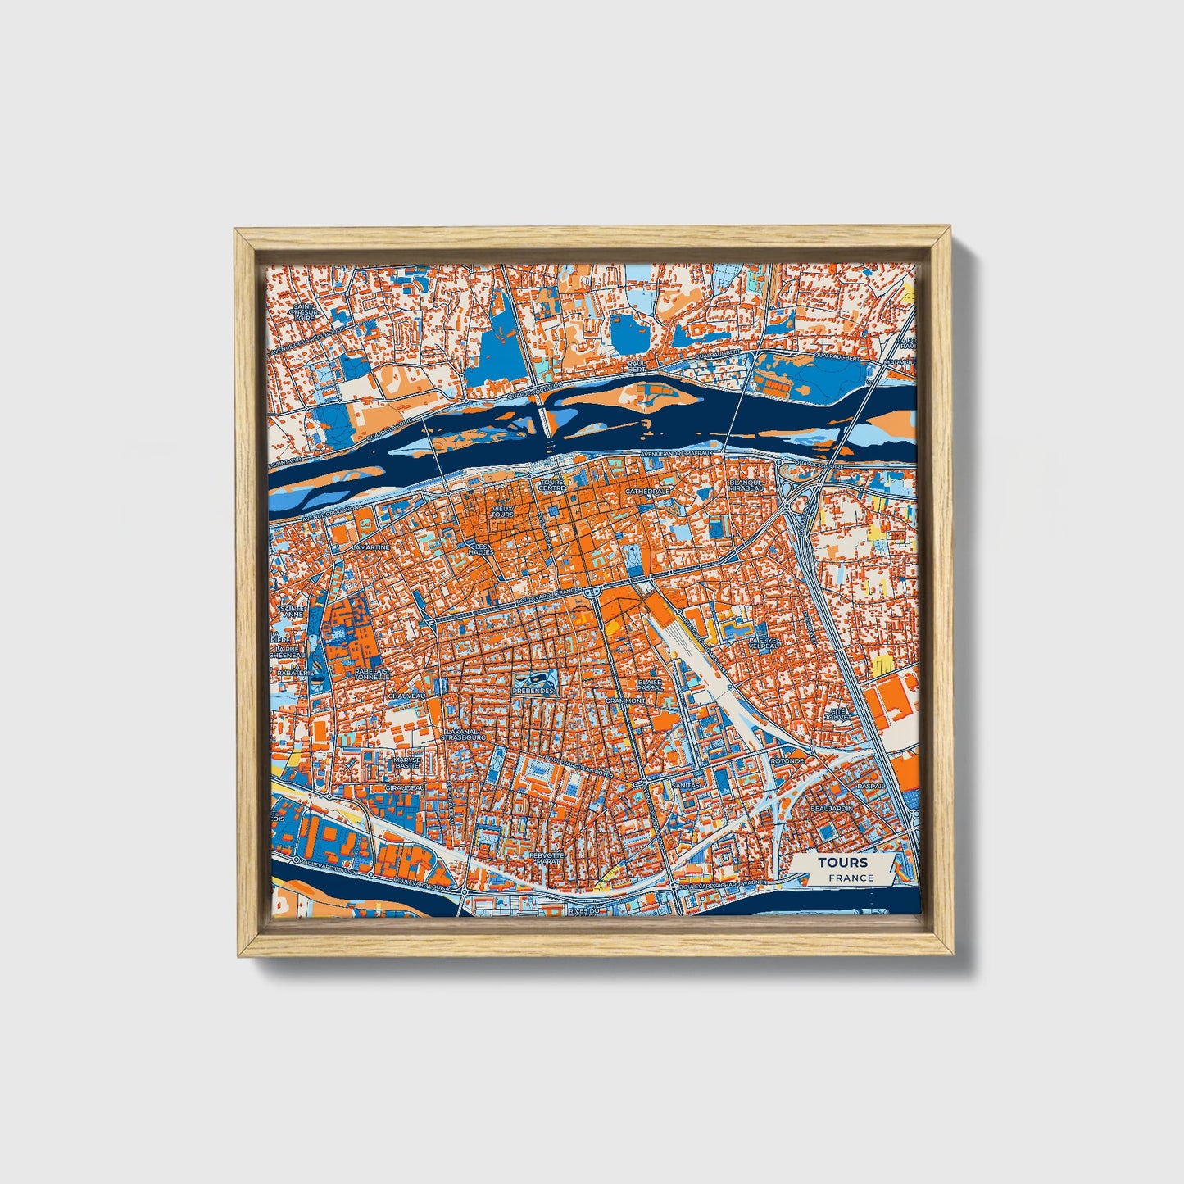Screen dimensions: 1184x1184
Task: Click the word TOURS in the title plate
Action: [x=842, y=863]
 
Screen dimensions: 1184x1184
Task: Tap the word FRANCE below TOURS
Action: [x=850, y=878]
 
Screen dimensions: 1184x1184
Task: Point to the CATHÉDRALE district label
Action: [x=647, y=492]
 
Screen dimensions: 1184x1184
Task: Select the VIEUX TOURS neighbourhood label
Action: [x=502, y=511]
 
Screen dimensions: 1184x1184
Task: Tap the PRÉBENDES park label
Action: [x=533, y=691]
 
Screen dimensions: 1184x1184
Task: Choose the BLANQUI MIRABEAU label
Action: [x=746, y=486]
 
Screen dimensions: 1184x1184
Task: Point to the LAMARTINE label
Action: [x=369, y=546]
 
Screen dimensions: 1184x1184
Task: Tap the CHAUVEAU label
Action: [x=407, y=696]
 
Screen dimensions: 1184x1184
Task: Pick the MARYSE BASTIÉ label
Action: [x=406, y=763]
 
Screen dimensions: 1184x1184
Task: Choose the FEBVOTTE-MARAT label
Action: [x=544, y=858]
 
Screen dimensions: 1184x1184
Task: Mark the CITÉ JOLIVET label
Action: [x=837, y=714]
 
